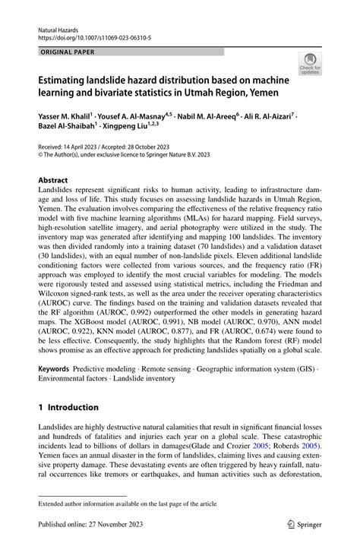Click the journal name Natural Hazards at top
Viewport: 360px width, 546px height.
[x=64, y=26]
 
